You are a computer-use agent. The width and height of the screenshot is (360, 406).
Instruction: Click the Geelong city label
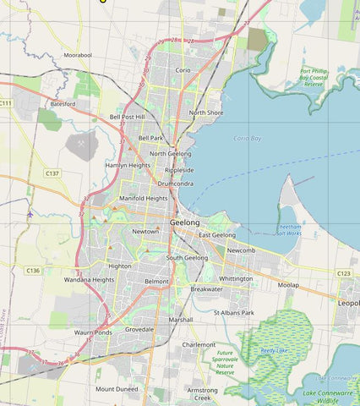[x=185, y=222]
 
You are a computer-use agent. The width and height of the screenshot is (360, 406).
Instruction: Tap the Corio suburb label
[x=183, y=69]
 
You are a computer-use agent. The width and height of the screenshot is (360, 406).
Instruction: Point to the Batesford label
[x=63, y=103]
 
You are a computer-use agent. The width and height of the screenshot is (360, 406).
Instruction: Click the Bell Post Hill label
[x=128, y=117]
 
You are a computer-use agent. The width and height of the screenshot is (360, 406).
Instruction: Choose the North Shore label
[x=206, y=112]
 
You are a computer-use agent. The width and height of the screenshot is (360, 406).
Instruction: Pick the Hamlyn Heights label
[x=128, y=166]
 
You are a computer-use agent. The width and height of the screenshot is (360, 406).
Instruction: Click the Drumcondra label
[x=175, y=183]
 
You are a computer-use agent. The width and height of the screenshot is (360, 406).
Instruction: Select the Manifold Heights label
[x=144, y=198]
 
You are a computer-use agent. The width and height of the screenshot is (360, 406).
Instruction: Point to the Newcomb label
[x=241, y=250]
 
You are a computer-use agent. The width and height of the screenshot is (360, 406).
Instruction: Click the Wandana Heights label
[x=89, y=279]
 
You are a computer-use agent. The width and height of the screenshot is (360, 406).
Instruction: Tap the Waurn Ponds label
[x=92, y=332]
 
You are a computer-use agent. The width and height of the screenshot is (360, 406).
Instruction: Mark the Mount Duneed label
[x=116, y=389]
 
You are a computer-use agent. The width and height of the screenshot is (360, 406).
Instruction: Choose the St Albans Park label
[x=234, y=313]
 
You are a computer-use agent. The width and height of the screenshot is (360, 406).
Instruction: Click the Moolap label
[x=288, y=285]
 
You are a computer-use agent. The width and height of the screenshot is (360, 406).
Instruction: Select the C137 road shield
[x=52, y=173]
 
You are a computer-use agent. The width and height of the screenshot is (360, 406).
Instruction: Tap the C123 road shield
[x=344, y=273]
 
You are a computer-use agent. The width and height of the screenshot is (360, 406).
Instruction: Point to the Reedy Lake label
[x=274, y=348]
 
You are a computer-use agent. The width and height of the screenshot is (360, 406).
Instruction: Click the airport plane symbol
[x=30, y=213]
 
